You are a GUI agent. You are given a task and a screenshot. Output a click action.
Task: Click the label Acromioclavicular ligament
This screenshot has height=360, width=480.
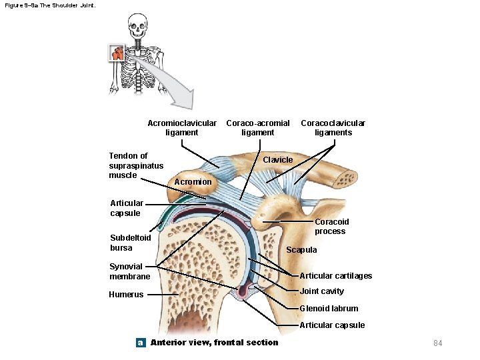pyautogui.click(x=181, y=127)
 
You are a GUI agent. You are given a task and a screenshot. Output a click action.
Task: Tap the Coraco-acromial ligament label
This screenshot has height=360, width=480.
pyautogui.click(x=258, y=127)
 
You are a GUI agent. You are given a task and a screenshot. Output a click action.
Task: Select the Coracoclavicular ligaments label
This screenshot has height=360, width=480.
pyautogui.click(x=333, y=127)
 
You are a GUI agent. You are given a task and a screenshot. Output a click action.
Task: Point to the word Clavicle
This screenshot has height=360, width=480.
pyautogui.click(x=277, y=160)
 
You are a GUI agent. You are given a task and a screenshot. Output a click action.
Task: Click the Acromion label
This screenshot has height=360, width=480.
pyautogui.click(x=193, y=182)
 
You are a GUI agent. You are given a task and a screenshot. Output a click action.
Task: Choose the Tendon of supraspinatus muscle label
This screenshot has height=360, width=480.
pyautogui.click(x=136, y=165)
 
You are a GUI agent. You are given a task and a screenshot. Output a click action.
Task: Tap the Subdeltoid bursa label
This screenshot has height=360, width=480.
pyautogui.click(x=131, y=243)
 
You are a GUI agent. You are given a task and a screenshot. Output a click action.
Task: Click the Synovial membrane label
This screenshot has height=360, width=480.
pyautogui.click(x=130, y=271)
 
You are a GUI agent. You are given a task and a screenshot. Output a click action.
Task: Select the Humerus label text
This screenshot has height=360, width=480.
pyautogui.click(x=127, y=294)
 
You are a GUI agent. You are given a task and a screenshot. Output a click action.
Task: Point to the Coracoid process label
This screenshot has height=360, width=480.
pyautogui.click(x=331, y=227)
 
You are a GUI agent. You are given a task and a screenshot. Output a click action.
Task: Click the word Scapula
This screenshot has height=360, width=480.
pyautogui.click(x=301, y=250)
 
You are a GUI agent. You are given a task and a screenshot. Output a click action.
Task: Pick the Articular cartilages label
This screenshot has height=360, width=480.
pyautogui.click(x=336, y=276)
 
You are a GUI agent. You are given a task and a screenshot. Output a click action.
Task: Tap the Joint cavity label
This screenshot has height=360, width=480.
pyautogui.click(x=322, y=291)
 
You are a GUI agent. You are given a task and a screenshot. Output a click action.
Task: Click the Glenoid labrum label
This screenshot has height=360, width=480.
pyautogui.click(x=329, y=309)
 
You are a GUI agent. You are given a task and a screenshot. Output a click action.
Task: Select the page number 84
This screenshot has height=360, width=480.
pyautogui.click(x=438, y=343)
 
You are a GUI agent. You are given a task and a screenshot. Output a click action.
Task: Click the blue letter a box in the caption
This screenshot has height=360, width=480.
pyautogui.click(x=141, y=343)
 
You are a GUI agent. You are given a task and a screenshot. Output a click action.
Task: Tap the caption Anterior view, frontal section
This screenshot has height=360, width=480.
pyautogui.click(x=215, y=343)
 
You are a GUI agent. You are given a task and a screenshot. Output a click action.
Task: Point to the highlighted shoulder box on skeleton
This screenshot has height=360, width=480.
pyautogui.click(x=117, y=53)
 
